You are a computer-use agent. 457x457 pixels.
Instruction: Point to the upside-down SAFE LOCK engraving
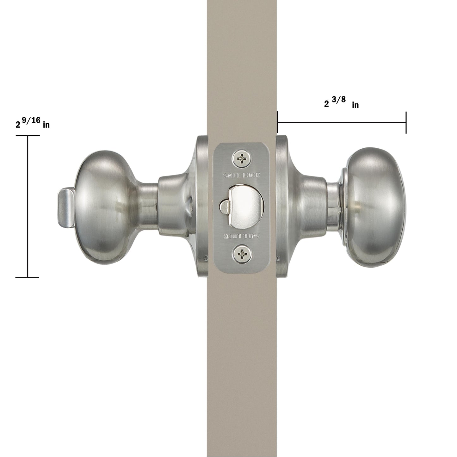click(x=242, y=236)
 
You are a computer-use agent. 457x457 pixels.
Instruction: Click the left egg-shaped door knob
click(x=104, y=206)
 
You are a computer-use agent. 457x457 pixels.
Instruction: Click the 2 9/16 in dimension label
click(x=33, y=122)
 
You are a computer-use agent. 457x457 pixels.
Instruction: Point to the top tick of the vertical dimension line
click(x=28, y=135)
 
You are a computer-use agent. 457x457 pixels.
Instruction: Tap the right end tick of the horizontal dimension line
click(x=406, y=122)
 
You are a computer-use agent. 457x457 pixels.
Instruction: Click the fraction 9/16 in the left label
click(x=32, y=120)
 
